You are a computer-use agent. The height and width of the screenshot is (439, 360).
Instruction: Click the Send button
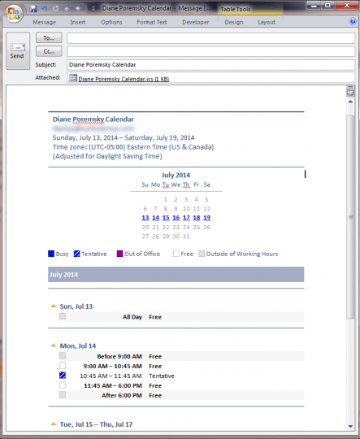tap(16, 50)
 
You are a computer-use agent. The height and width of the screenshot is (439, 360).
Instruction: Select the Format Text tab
tap(152, 22)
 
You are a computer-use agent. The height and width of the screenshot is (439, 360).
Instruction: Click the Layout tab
tap(267, 22)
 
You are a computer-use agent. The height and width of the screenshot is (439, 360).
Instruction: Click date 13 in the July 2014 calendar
tap(145, 218)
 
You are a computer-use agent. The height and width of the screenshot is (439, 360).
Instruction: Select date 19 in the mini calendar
tap(207, 218)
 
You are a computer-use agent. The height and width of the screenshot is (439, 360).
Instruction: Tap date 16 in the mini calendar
tap(176, 218)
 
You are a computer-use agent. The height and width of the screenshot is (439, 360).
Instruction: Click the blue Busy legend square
tap(52, 254)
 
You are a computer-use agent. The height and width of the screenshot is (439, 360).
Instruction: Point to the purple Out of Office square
tap(119, 254)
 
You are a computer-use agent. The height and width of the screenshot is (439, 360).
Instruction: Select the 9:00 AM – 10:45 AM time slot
tap(111, 366)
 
